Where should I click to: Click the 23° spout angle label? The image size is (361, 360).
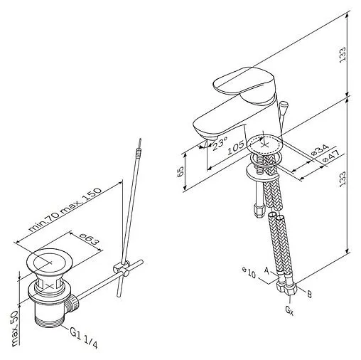220,144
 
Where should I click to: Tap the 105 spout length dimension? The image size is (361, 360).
235,147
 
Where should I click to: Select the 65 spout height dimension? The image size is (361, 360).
180,171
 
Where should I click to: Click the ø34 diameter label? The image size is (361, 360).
320,149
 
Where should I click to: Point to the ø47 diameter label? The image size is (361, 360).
331,156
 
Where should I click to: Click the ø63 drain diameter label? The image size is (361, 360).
89,240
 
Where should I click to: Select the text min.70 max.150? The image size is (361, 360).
65,210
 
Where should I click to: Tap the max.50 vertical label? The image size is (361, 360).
16,329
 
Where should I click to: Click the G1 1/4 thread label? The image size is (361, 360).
84,339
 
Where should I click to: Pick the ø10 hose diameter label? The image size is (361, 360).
249,273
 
